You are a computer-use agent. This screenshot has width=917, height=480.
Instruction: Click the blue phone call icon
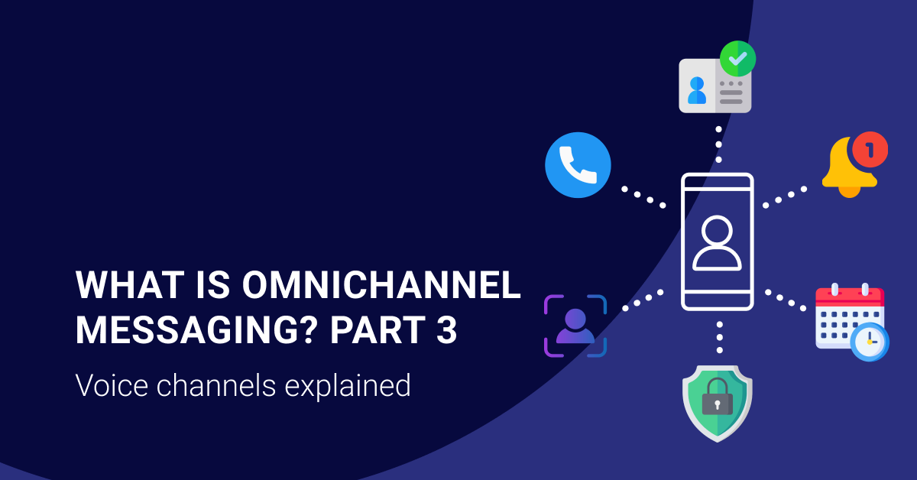[578, 165]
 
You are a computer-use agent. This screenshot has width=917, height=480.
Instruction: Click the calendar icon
[848, 317]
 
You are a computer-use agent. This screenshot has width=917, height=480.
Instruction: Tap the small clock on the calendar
[870, 341]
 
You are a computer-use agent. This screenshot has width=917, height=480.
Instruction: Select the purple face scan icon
[575, 326]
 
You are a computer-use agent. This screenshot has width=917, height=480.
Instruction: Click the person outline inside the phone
[717, 243]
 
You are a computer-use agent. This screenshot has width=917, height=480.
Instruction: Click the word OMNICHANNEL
[382, 286]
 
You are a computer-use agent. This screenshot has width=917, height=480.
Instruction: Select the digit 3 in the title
[447, 330]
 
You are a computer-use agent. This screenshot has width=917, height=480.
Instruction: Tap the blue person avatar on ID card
[697, 90]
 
